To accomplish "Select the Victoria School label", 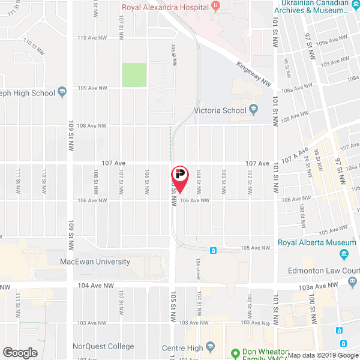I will pos(220,110).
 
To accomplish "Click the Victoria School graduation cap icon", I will pos(254,110).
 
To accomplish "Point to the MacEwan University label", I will pos(95,262).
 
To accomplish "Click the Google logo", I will pos(20,352).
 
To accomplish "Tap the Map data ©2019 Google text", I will pos(322,355).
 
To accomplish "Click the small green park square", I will pos(134,75).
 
